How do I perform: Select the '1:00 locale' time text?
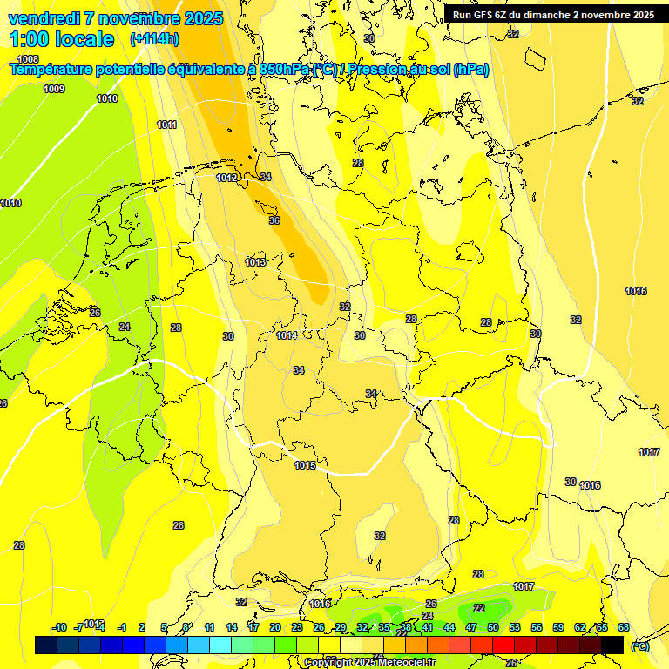62,39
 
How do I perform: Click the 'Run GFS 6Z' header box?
553,15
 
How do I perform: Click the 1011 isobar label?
167,125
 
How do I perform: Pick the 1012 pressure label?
226,178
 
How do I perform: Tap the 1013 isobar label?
255,262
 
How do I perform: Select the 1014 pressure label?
287,335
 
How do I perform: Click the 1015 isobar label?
305,465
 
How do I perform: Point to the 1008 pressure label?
28,59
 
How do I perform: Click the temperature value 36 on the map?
274,220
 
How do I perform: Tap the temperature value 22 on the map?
479,608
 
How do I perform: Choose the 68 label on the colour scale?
624,627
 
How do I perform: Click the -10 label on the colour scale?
59,627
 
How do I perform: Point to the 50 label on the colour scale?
493,627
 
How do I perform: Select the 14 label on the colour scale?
232,627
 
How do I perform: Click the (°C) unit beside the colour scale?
639,646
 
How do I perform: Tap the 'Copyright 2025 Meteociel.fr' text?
370,662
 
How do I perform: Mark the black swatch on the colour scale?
612,645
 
